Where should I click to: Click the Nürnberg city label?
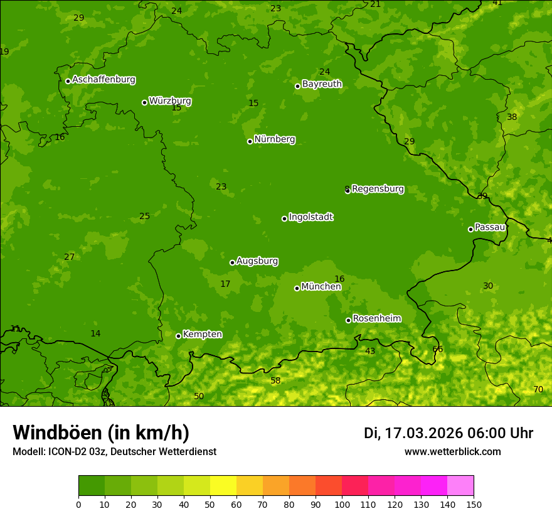tap(275, 139)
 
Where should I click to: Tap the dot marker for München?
tap(297, 288)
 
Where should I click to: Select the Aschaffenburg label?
tap(103, 80)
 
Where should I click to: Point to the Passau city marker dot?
tap(470, 229)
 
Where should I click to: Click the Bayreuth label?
tap(322, 84)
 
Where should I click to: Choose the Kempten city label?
tap(202, 334)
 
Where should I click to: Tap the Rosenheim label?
tap(376, 319)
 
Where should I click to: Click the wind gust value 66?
tap(438, 349)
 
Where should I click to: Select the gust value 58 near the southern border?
tap(275, 380)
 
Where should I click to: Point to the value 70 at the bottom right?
tap(538, 389)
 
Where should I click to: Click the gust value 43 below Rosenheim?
tap(370, 351)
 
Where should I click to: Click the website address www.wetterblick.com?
tap(453, 451)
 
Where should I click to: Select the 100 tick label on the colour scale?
tap(342, 504)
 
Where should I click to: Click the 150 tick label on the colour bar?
tap(474, 504)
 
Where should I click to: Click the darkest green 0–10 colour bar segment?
tap(92, 486)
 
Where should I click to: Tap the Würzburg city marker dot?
tap(144, 102)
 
